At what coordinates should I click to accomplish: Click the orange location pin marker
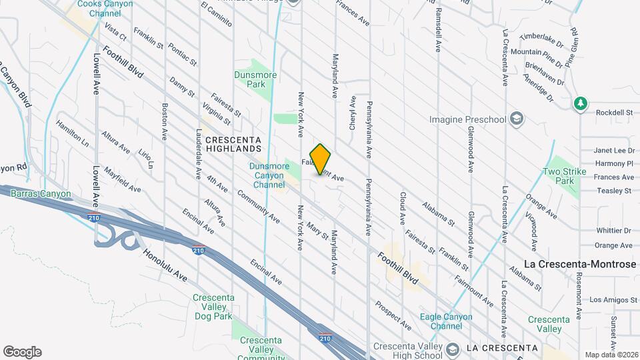(x=321, y=159)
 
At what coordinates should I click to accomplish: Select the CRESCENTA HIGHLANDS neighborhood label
(x=232, y=144)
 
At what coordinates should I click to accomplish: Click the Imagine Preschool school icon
(x=517, y=119)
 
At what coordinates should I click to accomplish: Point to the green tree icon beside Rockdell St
(x=580, y=103)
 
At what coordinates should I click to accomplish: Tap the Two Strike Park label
(x=558, y=176)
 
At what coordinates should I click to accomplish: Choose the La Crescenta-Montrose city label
(x=580, y=264)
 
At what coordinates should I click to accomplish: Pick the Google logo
(x=21, y=352)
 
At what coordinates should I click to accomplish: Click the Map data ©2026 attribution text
(x=611, y=355)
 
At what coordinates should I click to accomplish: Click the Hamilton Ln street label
(x=72, y=133)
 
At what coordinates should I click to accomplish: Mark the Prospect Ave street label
(x=393, y=315)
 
